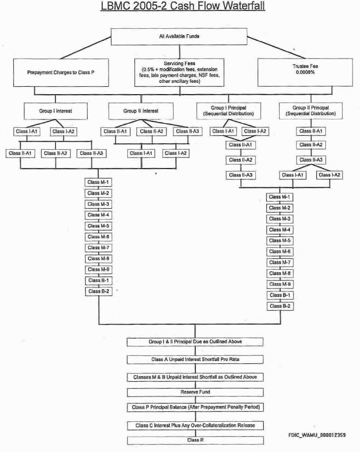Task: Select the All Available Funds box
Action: pyautogui.click(x=179, y=37)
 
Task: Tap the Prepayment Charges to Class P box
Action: pyautogui.click(x=60, y=72)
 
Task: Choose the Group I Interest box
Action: pyautogui.click(x=56, y=111)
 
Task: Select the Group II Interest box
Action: pyautogui.click(x=141, y=111)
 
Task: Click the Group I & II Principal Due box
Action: pyautogui.click(x=195, y=342)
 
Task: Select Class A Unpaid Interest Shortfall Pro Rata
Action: pyautogui.click(x=195, y=359)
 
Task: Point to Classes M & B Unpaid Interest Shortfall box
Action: pyautogui.click(x=195, y=377)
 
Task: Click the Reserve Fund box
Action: pyautogui.click(x=195, y=392)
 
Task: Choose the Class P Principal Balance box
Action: pyautogui.click(x=195, y=407)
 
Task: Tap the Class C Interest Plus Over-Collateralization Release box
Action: pyautogui.click(x=195, y=425)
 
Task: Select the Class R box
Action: pyautogui.click(x=195, y=440)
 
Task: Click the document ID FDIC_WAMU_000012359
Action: pyautogui.click(x=316, y=435)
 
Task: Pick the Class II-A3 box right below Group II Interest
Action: pyautogui.click(x=186, y=131)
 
